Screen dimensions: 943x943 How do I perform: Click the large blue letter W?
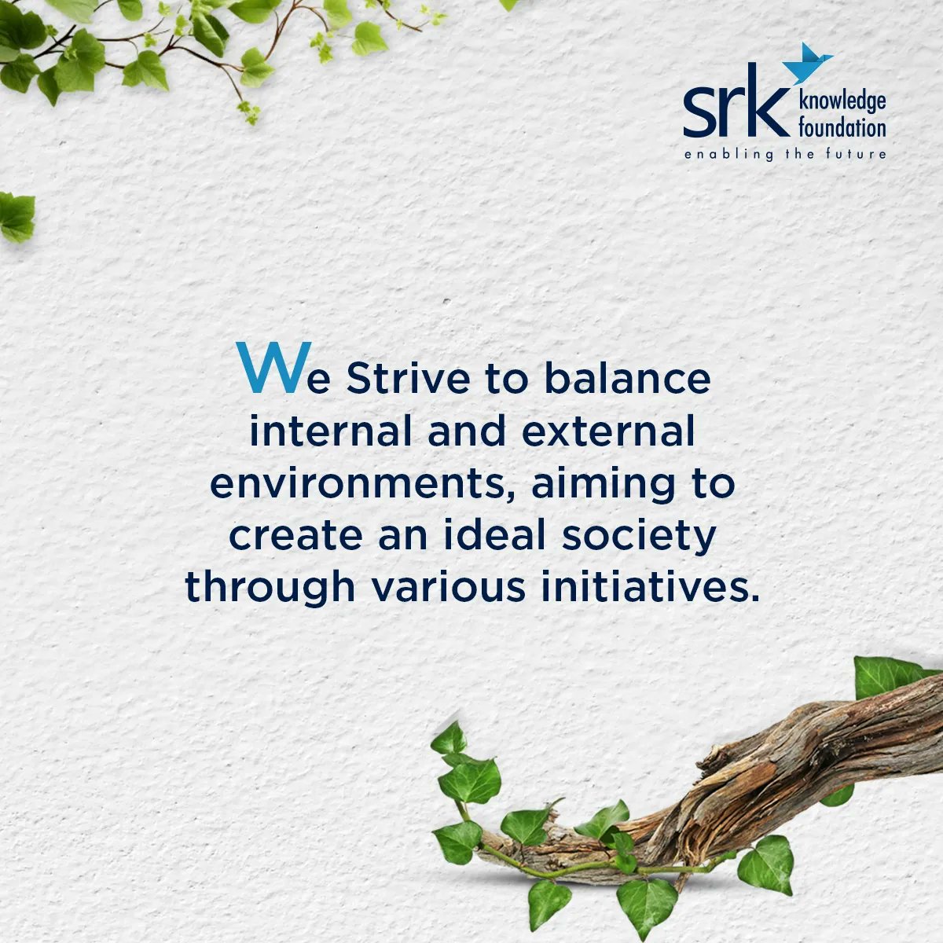tap(268, 368)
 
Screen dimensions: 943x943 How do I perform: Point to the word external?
tap(609, 432)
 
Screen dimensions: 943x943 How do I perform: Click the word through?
tap(270, 589)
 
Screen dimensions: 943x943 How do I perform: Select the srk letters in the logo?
tap(735, 112)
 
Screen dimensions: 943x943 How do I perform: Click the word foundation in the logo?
tap(841, 127)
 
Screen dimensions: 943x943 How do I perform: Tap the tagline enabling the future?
tap(784, 154)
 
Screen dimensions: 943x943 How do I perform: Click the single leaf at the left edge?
tap(16, 216)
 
